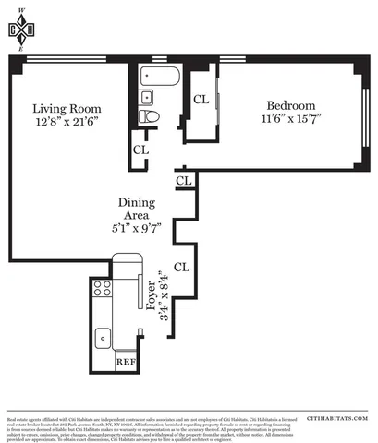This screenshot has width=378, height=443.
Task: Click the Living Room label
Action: tap(67, 106)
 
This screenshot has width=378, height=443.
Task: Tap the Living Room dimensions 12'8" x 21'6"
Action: tap(67, 121)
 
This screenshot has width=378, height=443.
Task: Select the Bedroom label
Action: tap(291, 104)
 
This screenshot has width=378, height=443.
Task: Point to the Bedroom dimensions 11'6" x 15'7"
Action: tap(291, 118)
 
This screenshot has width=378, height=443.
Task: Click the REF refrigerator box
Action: tap(126, 361)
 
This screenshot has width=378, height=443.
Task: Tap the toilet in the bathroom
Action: tap(151, 116)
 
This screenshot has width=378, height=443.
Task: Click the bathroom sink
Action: tap(145, 96)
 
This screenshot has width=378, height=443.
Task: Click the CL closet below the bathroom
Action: tap(140, 149)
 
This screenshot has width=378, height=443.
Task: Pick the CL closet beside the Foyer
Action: tap(182, 267)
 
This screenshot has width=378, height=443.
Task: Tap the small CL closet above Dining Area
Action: tap(183, 181)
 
